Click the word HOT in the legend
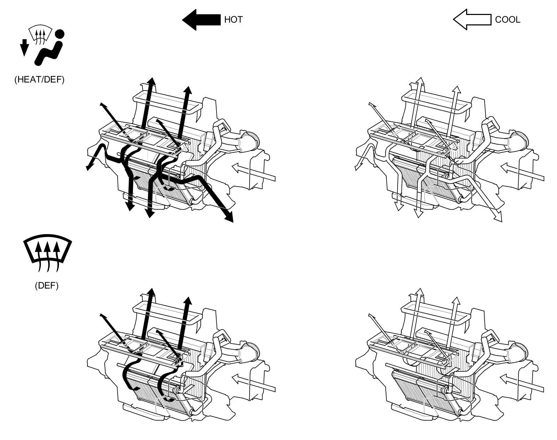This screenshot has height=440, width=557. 233,19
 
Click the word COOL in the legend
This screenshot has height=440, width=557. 507,19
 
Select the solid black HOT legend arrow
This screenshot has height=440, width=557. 202,19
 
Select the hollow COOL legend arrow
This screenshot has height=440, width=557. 472,19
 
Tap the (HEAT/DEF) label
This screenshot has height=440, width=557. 39,80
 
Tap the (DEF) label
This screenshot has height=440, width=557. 47,286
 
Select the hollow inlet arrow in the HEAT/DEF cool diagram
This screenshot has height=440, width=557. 522,172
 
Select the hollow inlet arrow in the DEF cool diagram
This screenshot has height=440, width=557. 522,383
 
